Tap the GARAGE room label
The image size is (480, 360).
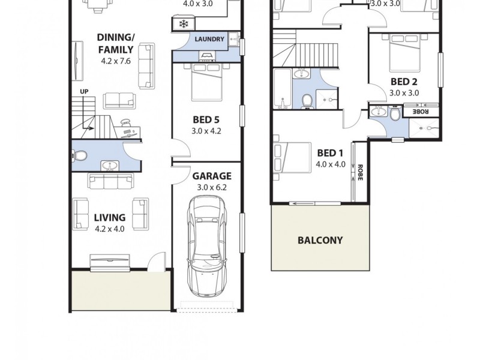212,176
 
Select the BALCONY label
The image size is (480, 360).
320,241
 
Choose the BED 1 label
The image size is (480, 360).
331,152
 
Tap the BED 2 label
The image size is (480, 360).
404,82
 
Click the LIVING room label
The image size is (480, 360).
109,217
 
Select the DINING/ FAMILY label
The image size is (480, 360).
116,43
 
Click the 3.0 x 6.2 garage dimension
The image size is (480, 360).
212,187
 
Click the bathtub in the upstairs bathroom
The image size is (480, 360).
282,88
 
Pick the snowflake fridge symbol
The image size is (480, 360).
182,25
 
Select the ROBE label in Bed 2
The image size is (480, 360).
421,111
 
